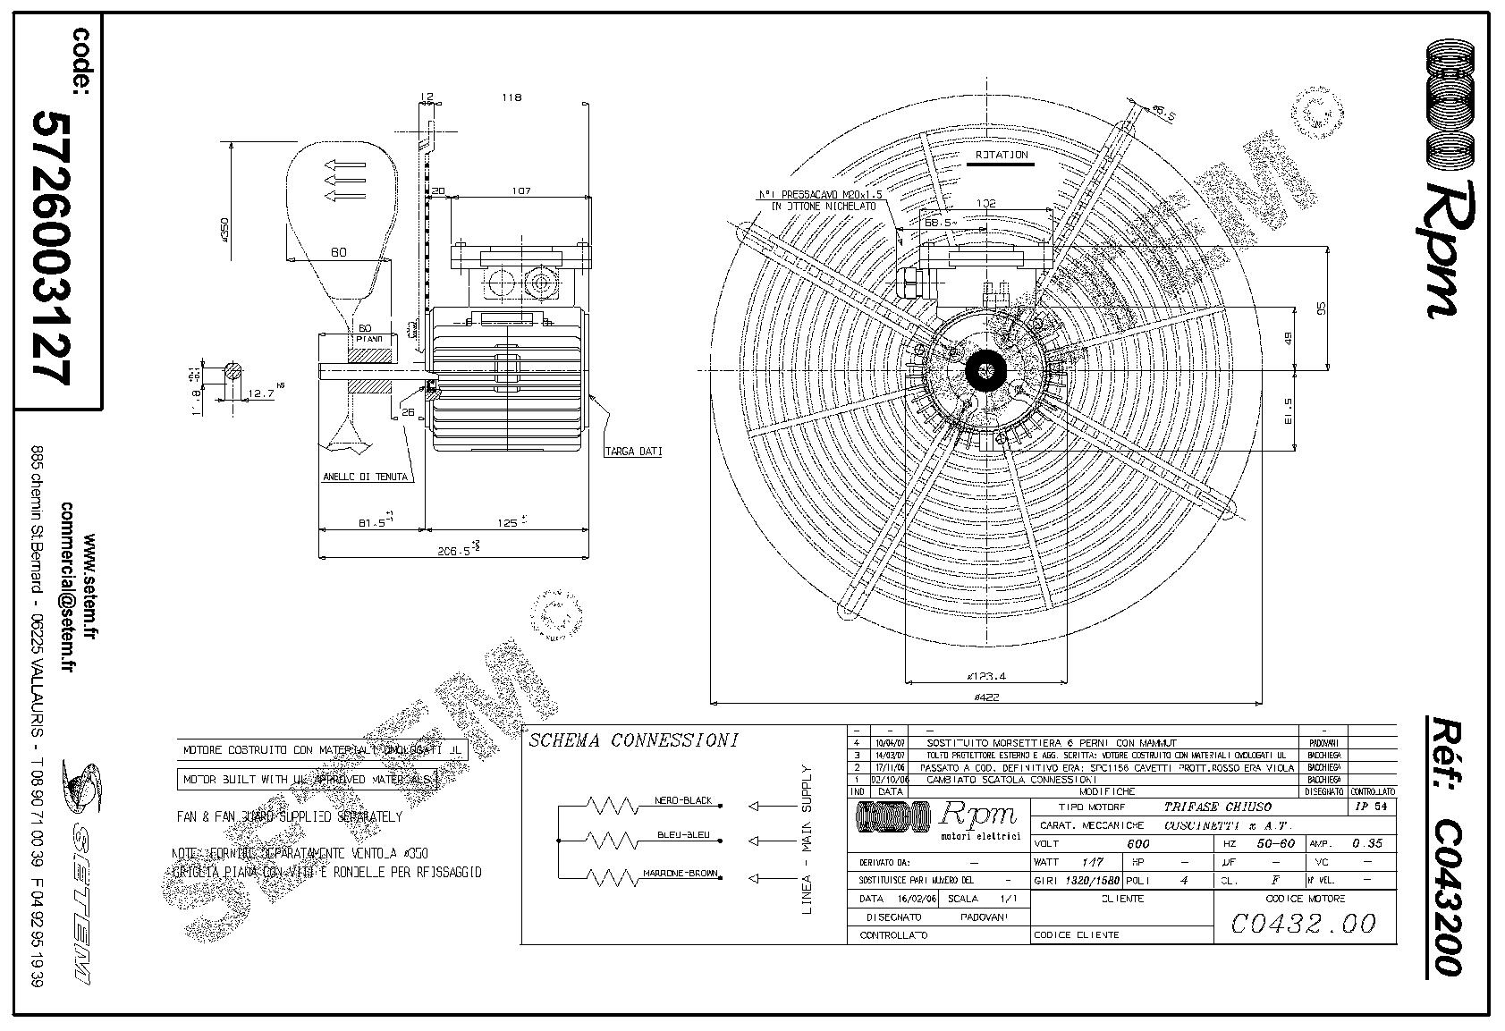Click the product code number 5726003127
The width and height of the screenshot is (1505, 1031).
point(51,247)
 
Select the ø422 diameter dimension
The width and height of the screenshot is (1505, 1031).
point(986,696)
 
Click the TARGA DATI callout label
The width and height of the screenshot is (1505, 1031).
point(633,452)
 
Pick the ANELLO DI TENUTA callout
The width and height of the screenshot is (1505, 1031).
point(365,477)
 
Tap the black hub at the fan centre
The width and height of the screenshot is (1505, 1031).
point(987,368)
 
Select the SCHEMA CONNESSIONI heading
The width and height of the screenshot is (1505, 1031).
point(634,740)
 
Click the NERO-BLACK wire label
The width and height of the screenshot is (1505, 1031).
point(683,800)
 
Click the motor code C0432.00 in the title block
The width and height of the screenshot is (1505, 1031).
point(1304,923)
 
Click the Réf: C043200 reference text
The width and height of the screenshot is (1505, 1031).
point(1443,844)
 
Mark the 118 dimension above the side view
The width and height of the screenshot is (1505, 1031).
point(511,97)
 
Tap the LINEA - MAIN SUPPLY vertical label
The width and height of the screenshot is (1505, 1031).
point(807,840)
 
